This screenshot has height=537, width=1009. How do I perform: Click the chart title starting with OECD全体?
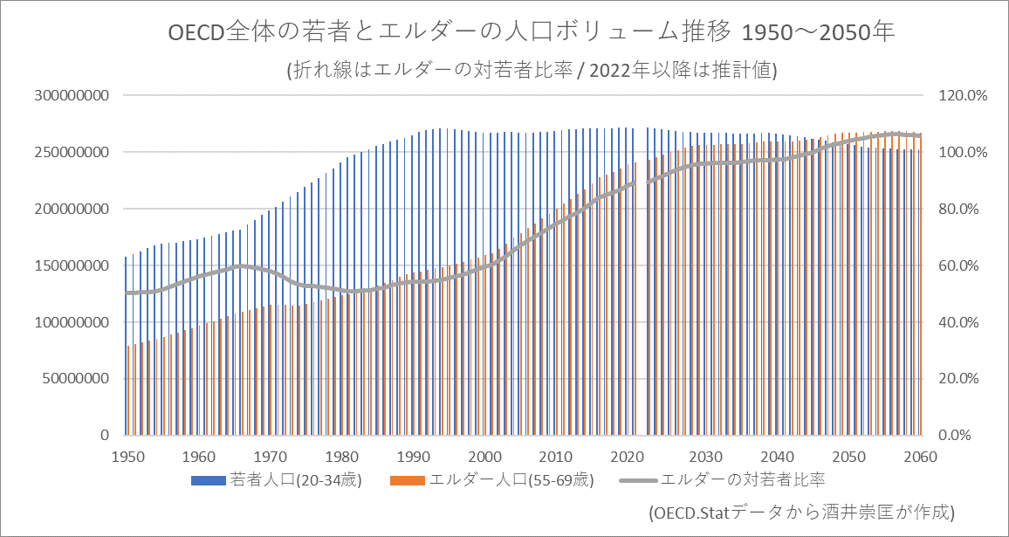(532, 33)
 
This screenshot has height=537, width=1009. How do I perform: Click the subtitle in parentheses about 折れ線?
(532, 71)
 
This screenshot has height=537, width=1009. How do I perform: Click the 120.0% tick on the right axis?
(962, 95)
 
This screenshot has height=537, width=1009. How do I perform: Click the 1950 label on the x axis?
(128, 457)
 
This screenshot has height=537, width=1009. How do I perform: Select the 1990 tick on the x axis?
(414, 457)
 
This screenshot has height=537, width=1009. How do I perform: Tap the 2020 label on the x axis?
(628, 457)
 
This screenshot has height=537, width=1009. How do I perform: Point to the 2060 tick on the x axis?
(913, 457)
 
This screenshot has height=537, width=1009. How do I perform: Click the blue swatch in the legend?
(209, 480)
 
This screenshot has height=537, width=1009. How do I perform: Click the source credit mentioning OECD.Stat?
(800, 512)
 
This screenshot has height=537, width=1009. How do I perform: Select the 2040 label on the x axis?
(771, 457)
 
